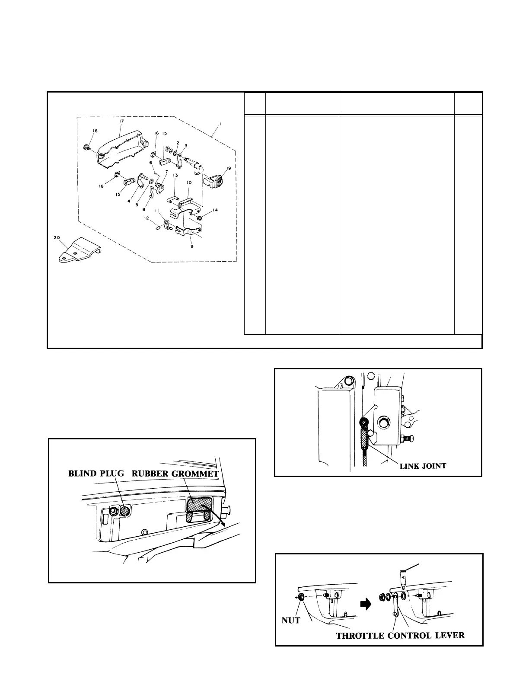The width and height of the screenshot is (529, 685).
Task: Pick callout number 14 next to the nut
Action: click(215, 211)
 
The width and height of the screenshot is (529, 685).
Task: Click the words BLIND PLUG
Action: click(96, 473)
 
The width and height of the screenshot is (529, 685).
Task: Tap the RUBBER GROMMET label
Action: click(175, 473)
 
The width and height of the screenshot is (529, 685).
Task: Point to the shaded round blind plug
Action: click(124, 511)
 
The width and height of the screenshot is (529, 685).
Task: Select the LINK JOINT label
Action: click(422, 466)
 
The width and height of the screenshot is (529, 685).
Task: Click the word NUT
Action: click(290, 620)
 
